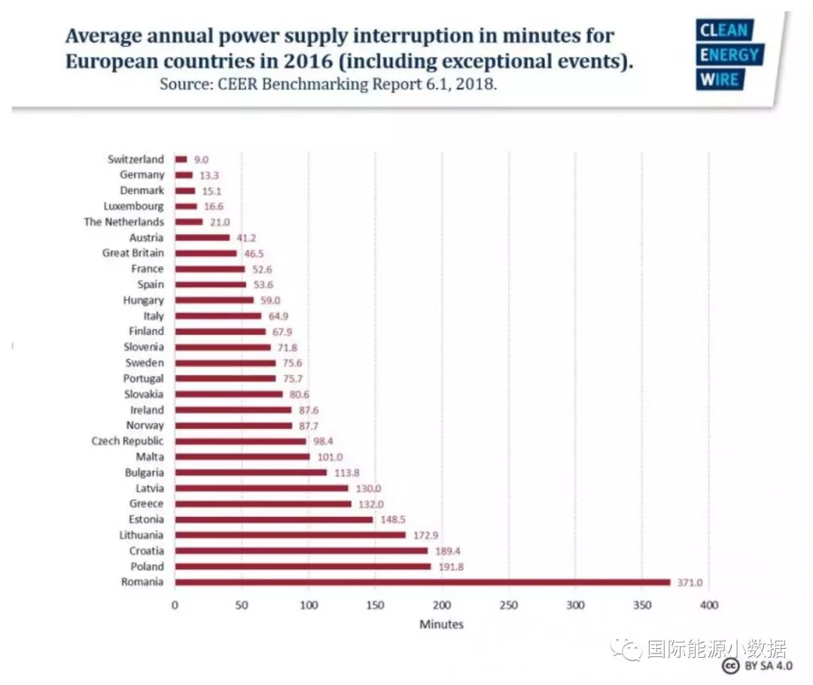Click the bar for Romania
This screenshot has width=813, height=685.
tap(422, 582)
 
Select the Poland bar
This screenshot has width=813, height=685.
tap(303, 566)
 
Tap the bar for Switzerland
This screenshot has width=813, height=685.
tap(181, 159)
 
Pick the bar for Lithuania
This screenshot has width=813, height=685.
tap(290, 535)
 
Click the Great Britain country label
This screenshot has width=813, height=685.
tap(132, 253)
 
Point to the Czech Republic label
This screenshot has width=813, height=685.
tap(127, 441)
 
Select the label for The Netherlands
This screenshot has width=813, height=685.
tap(123, 222)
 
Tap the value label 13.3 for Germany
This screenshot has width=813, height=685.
tap(209, 175)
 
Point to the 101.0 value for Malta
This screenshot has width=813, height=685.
tap(330, 457)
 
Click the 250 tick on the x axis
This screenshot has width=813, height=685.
tap(509, 605)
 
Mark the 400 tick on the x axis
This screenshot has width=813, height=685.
tap(708, 605)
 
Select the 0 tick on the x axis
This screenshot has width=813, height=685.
tap(175, 605)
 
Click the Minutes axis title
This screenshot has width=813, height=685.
tap(441, 624)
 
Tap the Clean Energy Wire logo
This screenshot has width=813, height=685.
tap(729, 55)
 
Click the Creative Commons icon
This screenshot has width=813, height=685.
tap(729, 666)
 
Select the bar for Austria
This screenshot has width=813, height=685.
tap(202, 237)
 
